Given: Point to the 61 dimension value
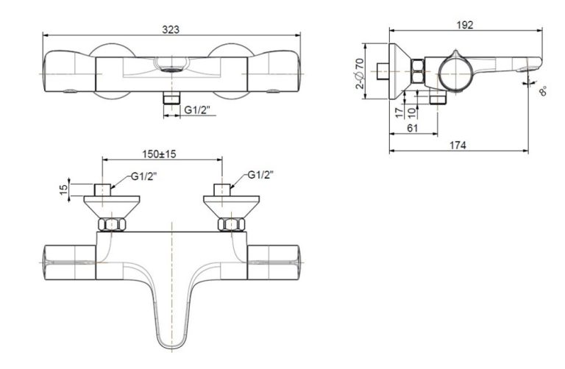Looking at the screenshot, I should [413, 129].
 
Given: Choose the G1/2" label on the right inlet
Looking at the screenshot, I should [260, 175].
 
